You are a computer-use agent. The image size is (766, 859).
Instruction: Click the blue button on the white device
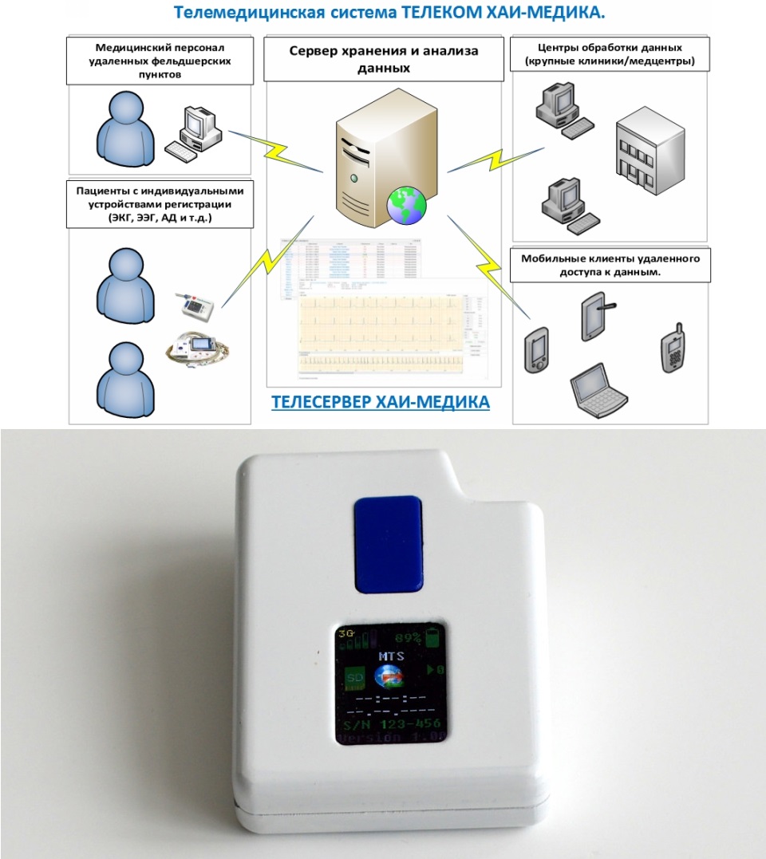(x=389, y=545)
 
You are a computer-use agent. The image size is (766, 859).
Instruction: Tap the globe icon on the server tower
(x=406, y=206)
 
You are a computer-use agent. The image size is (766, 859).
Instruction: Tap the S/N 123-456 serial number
(x=391, y=723)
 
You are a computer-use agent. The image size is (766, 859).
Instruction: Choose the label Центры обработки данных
(x=610, y=53)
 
